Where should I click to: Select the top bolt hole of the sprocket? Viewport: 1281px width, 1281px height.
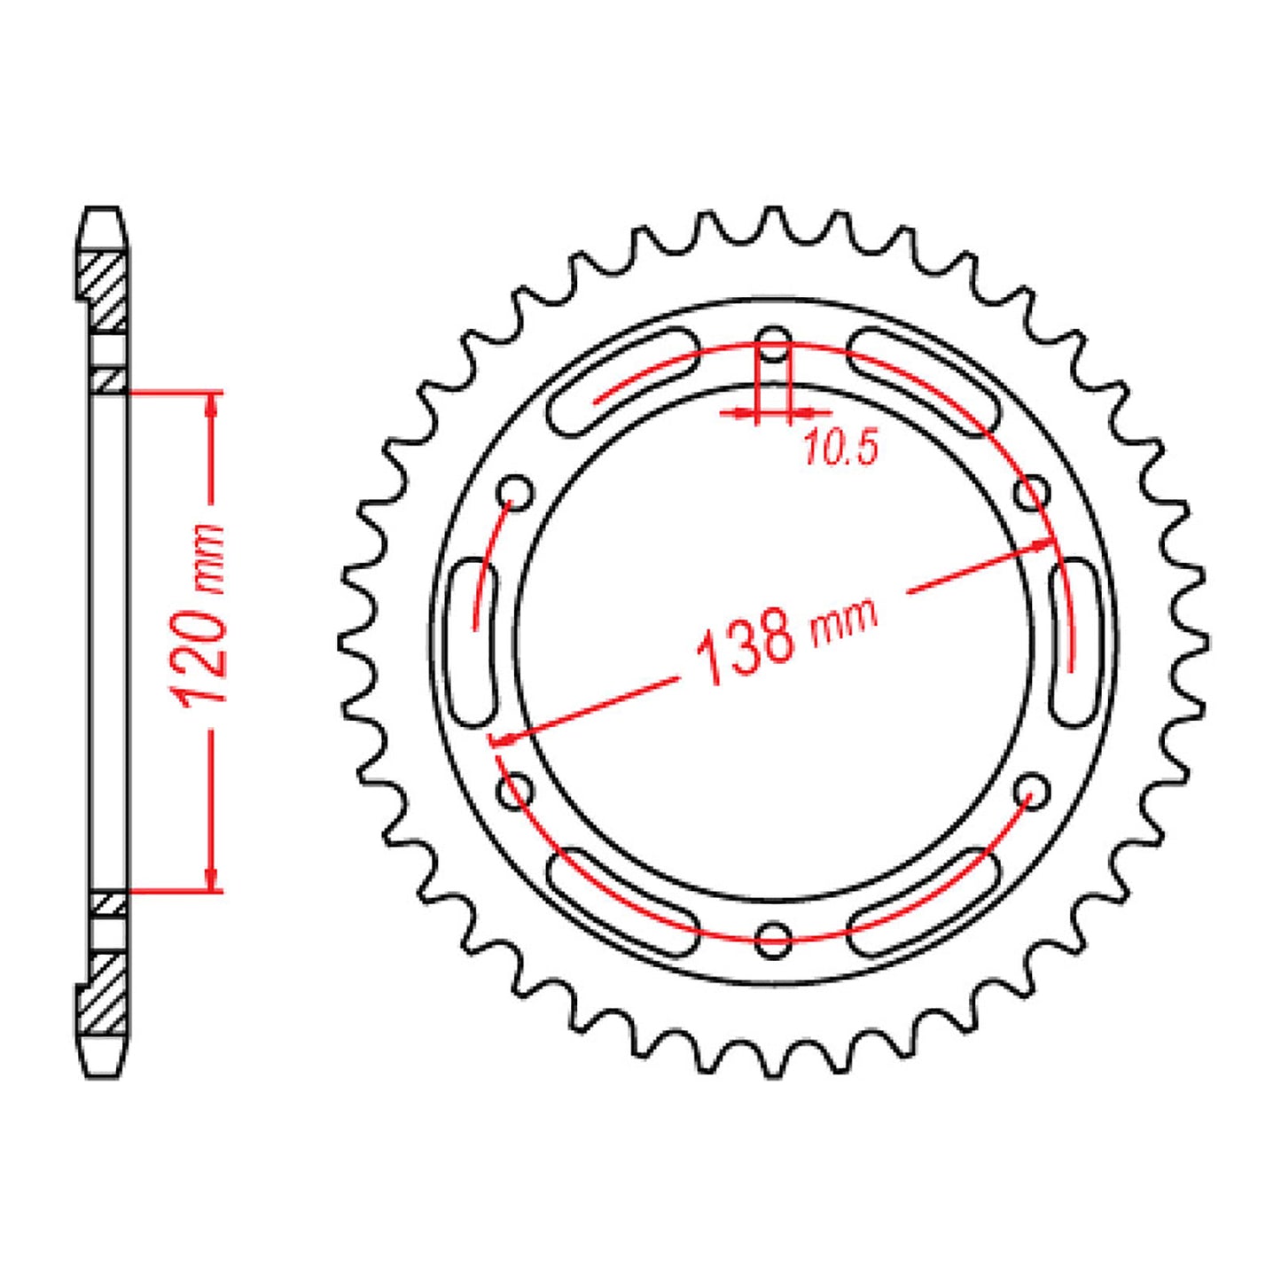click(774, 347)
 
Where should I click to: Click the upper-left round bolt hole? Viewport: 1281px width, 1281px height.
click(516, 491)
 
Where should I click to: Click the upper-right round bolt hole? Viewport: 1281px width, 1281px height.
click(1031, 492)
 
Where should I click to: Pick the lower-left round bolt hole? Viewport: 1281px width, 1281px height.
click(516, 790)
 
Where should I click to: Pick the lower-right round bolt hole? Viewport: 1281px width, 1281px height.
click(1031, 789)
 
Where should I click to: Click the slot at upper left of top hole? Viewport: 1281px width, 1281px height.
click(623, 381)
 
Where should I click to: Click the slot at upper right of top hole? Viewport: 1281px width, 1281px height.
click(925, 381)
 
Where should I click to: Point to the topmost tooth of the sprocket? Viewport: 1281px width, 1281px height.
click(774, 218)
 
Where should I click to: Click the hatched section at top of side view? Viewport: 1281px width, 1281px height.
click(105, 288)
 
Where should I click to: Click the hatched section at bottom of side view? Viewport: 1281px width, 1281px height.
click(105, 993)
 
